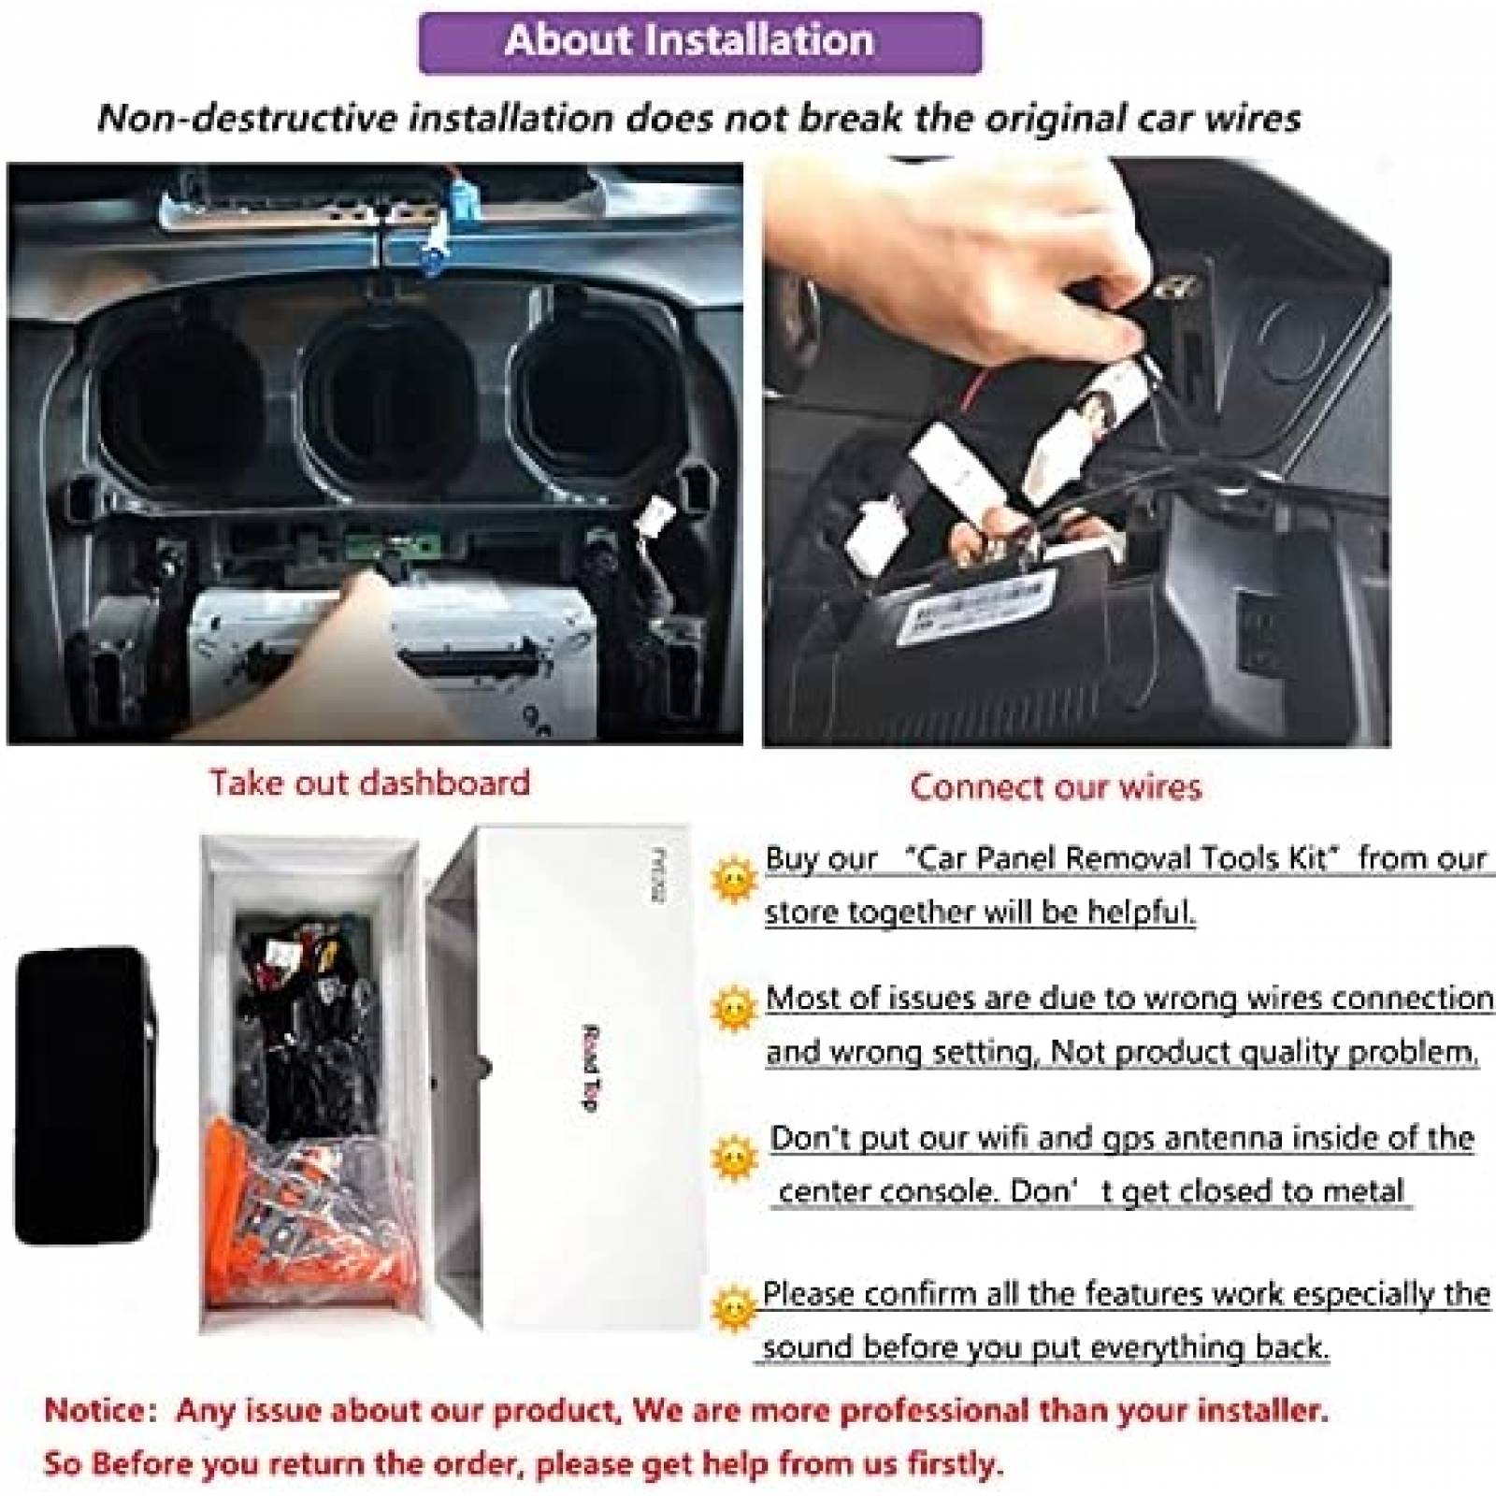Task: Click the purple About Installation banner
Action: (699, 42)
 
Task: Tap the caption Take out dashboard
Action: (369, 782)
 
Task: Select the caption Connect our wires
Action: (1056, 786)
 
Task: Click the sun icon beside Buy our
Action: (734, 879)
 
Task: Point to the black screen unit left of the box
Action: (84, 1094)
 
